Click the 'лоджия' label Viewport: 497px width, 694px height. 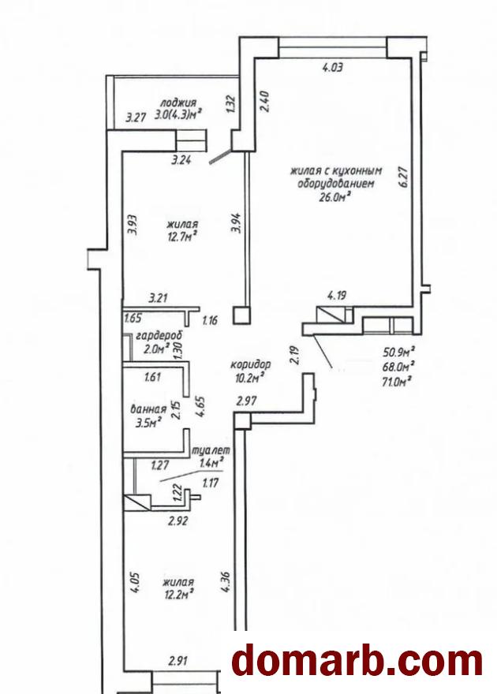click(179, 103)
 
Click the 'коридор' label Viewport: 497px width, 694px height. click(250, 364)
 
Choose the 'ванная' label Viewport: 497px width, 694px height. click(148, 409)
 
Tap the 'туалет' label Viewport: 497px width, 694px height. click(211, 450)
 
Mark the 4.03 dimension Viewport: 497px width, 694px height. click(332, 68)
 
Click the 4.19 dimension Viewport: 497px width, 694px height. click(336, 294)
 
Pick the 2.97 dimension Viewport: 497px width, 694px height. click(246, 401)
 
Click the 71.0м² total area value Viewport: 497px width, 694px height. click(398, 381)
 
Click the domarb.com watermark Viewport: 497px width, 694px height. click(357, 660)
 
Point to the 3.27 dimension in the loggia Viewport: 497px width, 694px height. click(136, 118)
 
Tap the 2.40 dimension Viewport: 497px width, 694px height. click(263, 103)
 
